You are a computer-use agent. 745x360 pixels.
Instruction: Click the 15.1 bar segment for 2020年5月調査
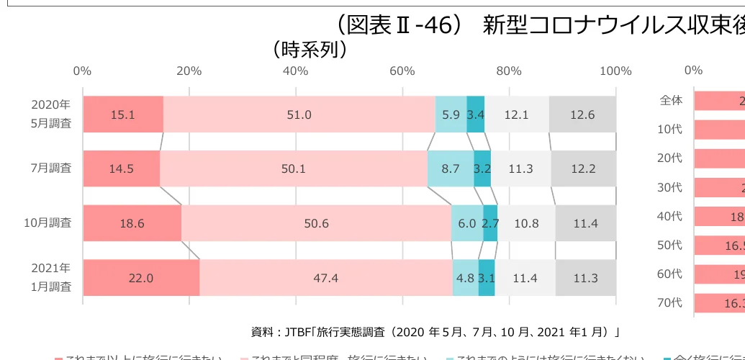point(123,114)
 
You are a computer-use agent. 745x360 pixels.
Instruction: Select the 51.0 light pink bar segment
point(299,114)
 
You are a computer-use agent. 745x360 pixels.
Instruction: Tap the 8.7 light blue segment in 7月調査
point(451,169)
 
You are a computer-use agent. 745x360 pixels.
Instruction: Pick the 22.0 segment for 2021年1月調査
point(141,278)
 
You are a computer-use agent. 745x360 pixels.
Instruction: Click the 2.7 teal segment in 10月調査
point(490,223)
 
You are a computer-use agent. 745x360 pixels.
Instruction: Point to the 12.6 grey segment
point(582,114)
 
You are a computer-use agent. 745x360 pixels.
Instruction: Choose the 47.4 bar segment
point(326,278)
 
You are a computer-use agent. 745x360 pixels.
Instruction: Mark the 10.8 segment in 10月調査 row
point(526,223)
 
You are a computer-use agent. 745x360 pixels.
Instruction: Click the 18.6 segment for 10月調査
point(132,223)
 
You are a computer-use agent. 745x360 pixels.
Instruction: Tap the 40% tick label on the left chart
point(295,71)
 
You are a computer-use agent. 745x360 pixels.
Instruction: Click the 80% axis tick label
point(509,71)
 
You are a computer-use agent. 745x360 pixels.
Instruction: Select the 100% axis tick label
point(615,71)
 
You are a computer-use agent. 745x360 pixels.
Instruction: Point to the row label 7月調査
point(52,168)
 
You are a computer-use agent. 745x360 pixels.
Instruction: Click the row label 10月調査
point(48,223)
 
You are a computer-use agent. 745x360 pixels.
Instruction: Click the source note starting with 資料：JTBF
point(435,332)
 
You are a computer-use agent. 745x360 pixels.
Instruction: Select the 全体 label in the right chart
point(671,100)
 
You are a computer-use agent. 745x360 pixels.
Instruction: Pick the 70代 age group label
point(669,302)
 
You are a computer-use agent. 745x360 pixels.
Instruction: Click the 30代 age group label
point(669,187)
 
